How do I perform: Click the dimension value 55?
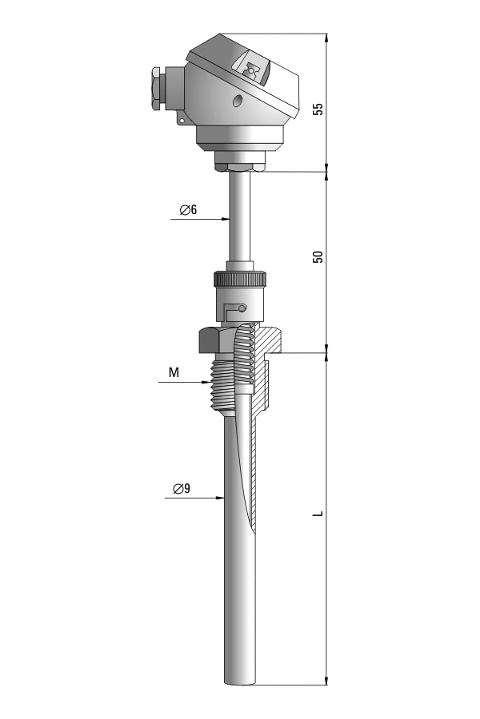coord(318,109)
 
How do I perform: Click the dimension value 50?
coord(318,256)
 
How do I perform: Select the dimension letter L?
coord(318,514)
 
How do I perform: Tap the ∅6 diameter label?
coord(188,209)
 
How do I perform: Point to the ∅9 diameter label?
coord(182,489)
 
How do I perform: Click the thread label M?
coord(174,373)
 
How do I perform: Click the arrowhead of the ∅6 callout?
coord(225,219)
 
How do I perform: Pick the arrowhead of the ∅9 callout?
coord(219,498)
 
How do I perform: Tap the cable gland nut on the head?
coord(156,89)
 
